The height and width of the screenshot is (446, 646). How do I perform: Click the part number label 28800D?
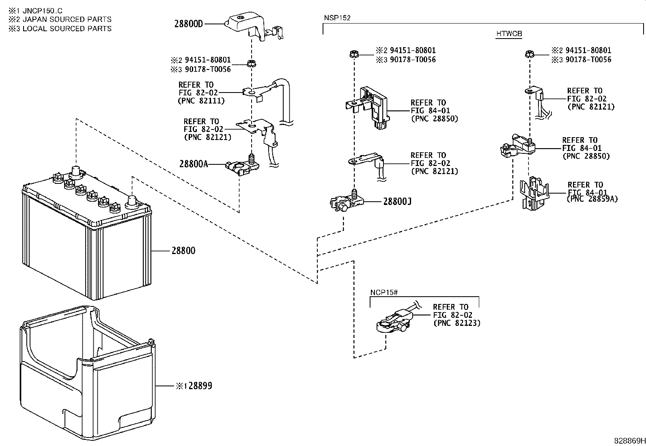click(188, 24)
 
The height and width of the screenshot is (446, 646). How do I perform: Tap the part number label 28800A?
click(194, 164)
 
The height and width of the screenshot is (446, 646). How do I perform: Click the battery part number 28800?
click(183, 251)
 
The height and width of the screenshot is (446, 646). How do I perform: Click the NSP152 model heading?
click(337, 18)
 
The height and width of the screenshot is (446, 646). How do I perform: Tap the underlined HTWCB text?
click(509, 34)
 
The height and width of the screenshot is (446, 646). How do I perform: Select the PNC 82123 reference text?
click(457, 323)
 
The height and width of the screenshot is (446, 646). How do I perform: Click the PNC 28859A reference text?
click(592, 199)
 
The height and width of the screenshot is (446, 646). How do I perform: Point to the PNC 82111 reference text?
click(201, 101)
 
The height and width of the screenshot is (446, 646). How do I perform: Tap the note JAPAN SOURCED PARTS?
click(67, 19)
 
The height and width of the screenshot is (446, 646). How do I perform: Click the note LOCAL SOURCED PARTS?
click(67, 28)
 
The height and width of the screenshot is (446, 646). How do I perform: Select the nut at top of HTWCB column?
click(529, 54)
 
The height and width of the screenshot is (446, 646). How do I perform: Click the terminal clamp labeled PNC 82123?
click(392, 321)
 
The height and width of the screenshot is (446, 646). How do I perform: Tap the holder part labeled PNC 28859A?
click(535, 194)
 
